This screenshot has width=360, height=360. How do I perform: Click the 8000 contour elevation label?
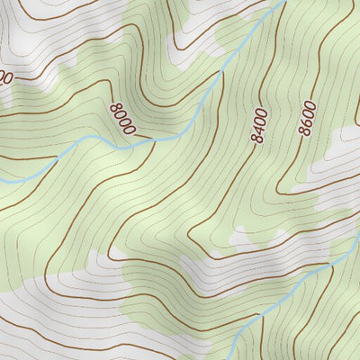[121, 119]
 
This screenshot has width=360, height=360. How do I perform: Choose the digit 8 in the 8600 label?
[305, 132]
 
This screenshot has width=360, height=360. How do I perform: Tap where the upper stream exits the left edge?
[2, 182]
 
